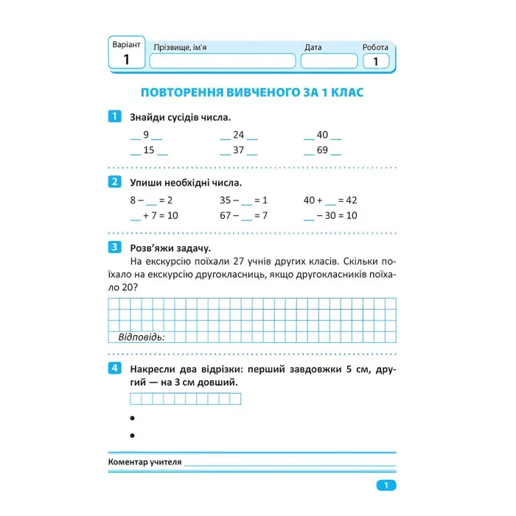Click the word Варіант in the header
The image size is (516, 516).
pos(126,44)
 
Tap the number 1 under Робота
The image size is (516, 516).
pos(375,62)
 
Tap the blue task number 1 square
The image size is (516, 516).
pos(114,116)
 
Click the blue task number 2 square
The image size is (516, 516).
pos(114,182)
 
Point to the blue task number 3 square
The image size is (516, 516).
pos(114,247)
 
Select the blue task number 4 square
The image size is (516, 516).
pos(114,368)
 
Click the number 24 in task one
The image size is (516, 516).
pos(238,135)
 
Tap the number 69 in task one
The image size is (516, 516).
pos(322,151)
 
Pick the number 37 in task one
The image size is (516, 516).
pos(238,151)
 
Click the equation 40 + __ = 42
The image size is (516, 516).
pos(330,200)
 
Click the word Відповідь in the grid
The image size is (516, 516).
pos(142,337)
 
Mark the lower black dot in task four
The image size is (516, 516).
pos(133,436)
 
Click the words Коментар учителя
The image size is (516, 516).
pos(144,462)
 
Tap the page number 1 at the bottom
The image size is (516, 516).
pos(386,485)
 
